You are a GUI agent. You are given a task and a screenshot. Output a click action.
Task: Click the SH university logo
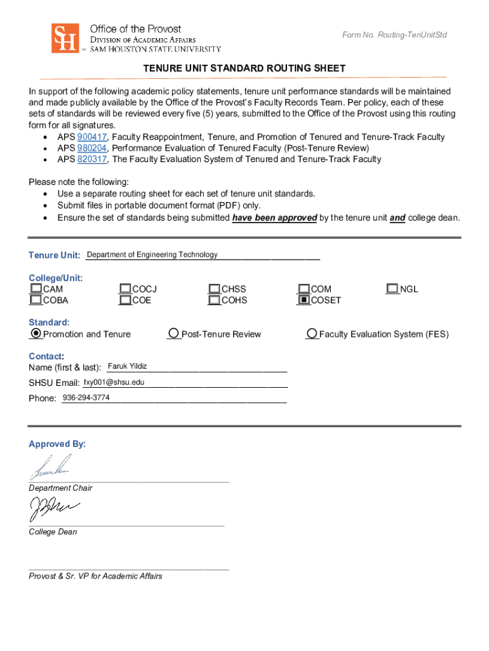click(65, 38)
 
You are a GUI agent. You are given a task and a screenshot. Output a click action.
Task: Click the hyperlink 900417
click(92, 137)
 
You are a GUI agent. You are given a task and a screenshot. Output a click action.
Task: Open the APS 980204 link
click(92, 148)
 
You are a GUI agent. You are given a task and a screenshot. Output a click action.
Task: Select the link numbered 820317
click(92, 160)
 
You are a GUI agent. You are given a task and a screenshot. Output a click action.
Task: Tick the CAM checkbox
click(36, 289)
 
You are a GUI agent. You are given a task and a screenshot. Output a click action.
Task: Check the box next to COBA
click(36, 300)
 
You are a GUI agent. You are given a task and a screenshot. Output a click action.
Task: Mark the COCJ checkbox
click(125, 289)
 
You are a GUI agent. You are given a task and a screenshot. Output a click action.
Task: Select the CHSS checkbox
click(215, 289)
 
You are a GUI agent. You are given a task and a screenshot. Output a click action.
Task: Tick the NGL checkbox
click(393, 289)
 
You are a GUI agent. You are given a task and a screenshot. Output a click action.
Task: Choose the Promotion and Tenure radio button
click(36, 333)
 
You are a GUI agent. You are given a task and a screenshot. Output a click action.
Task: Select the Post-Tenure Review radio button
click(173, 334)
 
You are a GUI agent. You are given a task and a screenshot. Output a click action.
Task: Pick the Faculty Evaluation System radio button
click(312, 334)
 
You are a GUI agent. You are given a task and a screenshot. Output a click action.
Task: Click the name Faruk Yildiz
click(127, 366)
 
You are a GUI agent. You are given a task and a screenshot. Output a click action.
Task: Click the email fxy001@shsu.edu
click(114, 382)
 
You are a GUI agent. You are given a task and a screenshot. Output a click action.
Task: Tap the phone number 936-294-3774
click(86, 398)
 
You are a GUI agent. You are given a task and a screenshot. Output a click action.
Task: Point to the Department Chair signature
click(51, 469)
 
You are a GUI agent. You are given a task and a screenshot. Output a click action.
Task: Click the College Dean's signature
click(52, 509)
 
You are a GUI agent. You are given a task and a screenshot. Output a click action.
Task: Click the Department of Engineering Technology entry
click(152, 255)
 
